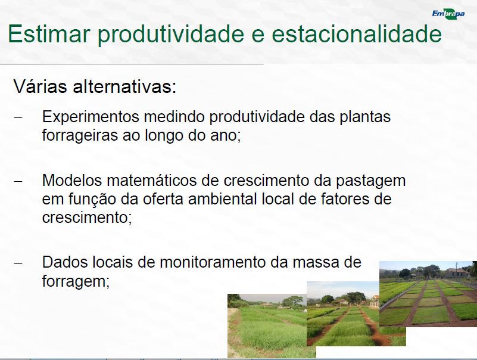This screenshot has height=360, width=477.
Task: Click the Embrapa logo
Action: pos(448,14)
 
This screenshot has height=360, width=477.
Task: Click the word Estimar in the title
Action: pos(49,33)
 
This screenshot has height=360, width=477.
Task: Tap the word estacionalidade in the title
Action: pos(357,33)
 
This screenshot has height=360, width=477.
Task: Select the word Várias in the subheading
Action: pos(40,86)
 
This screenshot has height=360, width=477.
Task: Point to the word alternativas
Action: pos(124,86)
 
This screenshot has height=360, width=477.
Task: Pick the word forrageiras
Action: pos(80,136)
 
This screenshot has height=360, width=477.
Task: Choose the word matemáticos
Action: pos(163,181)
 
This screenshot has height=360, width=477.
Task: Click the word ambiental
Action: pos(223,199)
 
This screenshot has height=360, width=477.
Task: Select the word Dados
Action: pos(64,262)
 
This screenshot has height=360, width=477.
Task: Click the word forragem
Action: pos(76,281)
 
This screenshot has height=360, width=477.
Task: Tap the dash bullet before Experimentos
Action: pos(18,117)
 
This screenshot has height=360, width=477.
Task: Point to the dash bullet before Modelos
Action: pos(18,181)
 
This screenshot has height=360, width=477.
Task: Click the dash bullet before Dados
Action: pos(18,263)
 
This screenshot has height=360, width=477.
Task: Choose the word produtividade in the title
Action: pos(171,34)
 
